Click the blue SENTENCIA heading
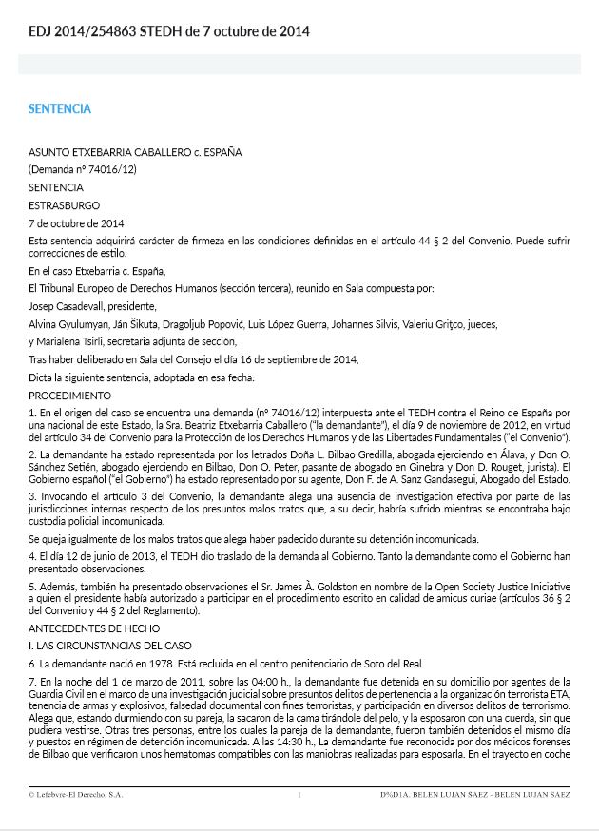coord(60,108)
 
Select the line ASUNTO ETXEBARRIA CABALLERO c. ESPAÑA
coord(135,151)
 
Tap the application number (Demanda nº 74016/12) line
coord(83,169)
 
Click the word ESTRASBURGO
coord(64,205)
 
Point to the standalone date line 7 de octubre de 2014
coord(77,223)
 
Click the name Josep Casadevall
coord(68,306)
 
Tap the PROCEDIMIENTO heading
coord(70,395)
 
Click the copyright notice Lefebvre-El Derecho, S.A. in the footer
coord(76,793)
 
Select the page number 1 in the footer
coord(299,793)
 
